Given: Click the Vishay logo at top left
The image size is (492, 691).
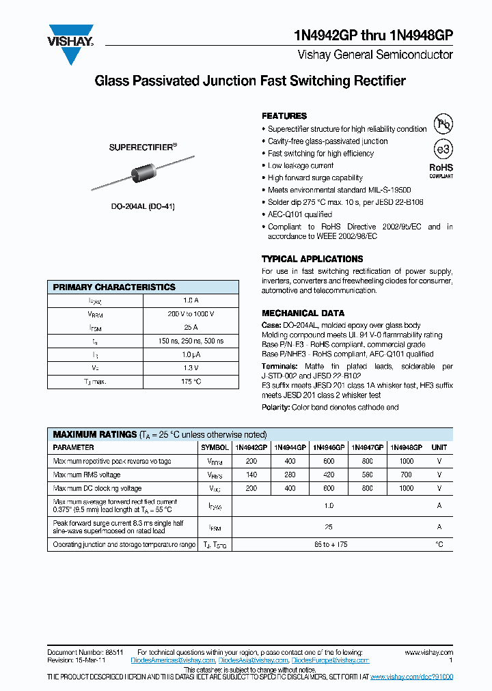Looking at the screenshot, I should (x=70, y=44).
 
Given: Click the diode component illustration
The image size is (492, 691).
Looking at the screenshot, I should (x=143, y=175).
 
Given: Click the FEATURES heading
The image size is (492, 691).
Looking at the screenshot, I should (x=284, y=116).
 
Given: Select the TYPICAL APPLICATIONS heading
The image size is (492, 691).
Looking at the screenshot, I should (x=312, y=259).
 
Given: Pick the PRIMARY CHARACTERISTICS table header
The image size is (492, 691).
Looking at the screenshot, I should (x=114, y=287).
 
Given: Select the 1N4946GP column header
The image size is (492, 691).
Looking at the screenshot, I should (x=329, y=447).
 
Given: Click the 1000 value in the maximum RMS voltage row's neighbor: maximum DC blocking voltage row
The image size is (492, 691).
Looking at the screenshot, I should (x=406, y=488).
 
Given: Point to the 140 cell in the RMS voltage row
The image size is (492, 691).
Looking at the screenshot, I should (x=251, y=475).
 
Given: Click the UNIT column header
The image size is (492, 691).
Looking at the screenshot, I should (x=439, y=447).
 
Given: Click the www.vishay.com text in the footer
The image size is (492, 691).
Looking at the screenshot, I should (x=428, y=653).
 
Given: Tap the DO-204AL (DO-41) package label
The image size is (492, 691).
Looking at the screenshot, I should (x=143, y=206).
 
